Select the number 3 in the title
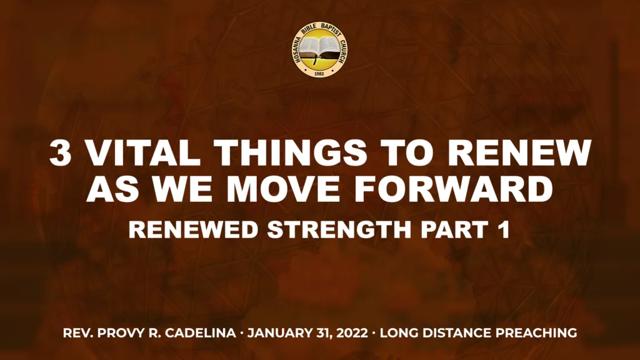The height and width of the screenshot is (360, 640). pos(60,154)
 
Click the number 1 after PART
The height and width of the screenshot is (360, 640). pos(505,229)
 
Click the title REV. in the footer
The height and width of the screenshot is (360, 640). pos(78,333)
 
